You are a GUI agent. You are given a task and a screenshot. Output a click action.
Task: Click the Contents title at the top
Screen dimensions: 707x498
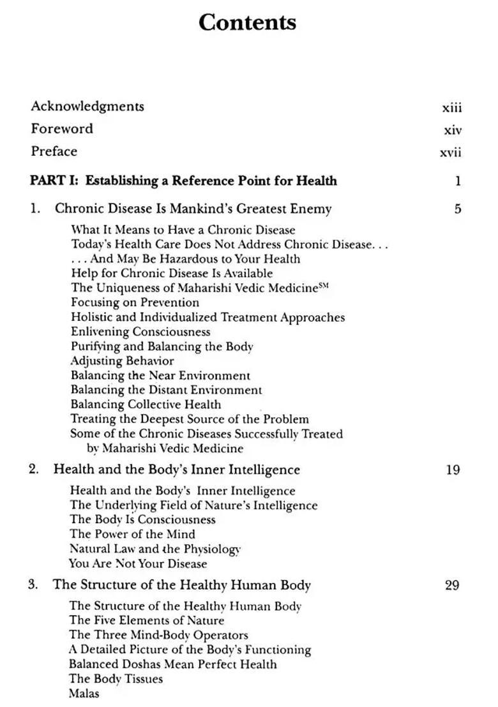coord(247,22)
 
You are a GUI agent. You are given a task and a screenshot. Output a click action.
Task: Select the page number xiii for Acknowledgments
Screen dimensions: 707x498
coord(451,108)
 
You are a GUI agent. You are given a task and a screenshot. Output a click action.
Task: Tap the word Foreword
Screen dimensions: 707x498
coord(62,129)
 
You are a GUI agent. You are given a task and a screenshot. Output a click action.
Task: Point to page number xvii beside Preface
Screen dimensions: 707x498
coord(450,153)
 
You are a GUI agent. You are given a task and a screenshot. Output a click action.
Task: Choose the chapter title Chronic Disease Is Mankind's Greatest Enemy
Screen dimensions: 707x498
coord(193,209)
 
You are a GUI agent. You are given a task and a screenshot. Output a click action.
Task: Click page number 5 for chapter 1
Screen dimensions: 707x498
coord(457,209)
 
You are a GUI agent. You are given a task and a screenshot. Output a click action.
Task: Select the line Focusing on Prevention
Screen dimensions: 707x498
coord(135,302)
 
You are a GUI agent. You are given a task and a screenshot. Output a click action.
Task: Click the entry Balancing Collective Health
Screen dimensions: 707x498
coord(146,405)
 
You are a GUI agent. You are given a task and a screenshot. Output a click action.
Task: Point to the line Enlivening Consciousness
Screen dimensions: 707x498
coord(140,332)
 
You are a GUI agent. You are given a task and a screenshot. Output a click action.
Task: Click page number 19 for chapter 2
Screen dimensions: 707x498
coord(452,470)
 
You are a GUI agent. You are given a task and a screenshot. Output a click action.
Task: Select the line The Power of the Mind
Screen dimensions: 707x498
coord(132,534)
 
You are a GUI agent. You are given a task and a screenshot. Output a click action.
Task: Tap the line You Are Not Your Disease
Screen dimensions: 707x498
coord(138,563)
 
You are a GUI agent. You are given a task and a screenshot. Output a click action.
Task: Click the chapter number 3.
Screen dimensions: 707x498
coord(33,584)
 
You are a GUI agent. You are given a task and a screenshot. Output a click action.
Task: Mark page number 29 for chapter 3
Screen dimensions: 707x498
coord(451,585)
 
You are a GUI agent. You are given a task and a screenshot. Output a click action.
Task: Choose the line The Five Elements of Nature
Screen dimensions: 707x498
coord(146,620)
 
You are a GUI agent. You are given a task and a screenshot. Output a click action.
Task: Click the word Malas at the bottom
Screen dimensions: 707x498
coord(84,693)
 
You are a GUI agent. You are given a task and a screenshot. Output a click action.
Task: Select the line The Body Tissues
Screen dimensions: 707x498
coord(116,679)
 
